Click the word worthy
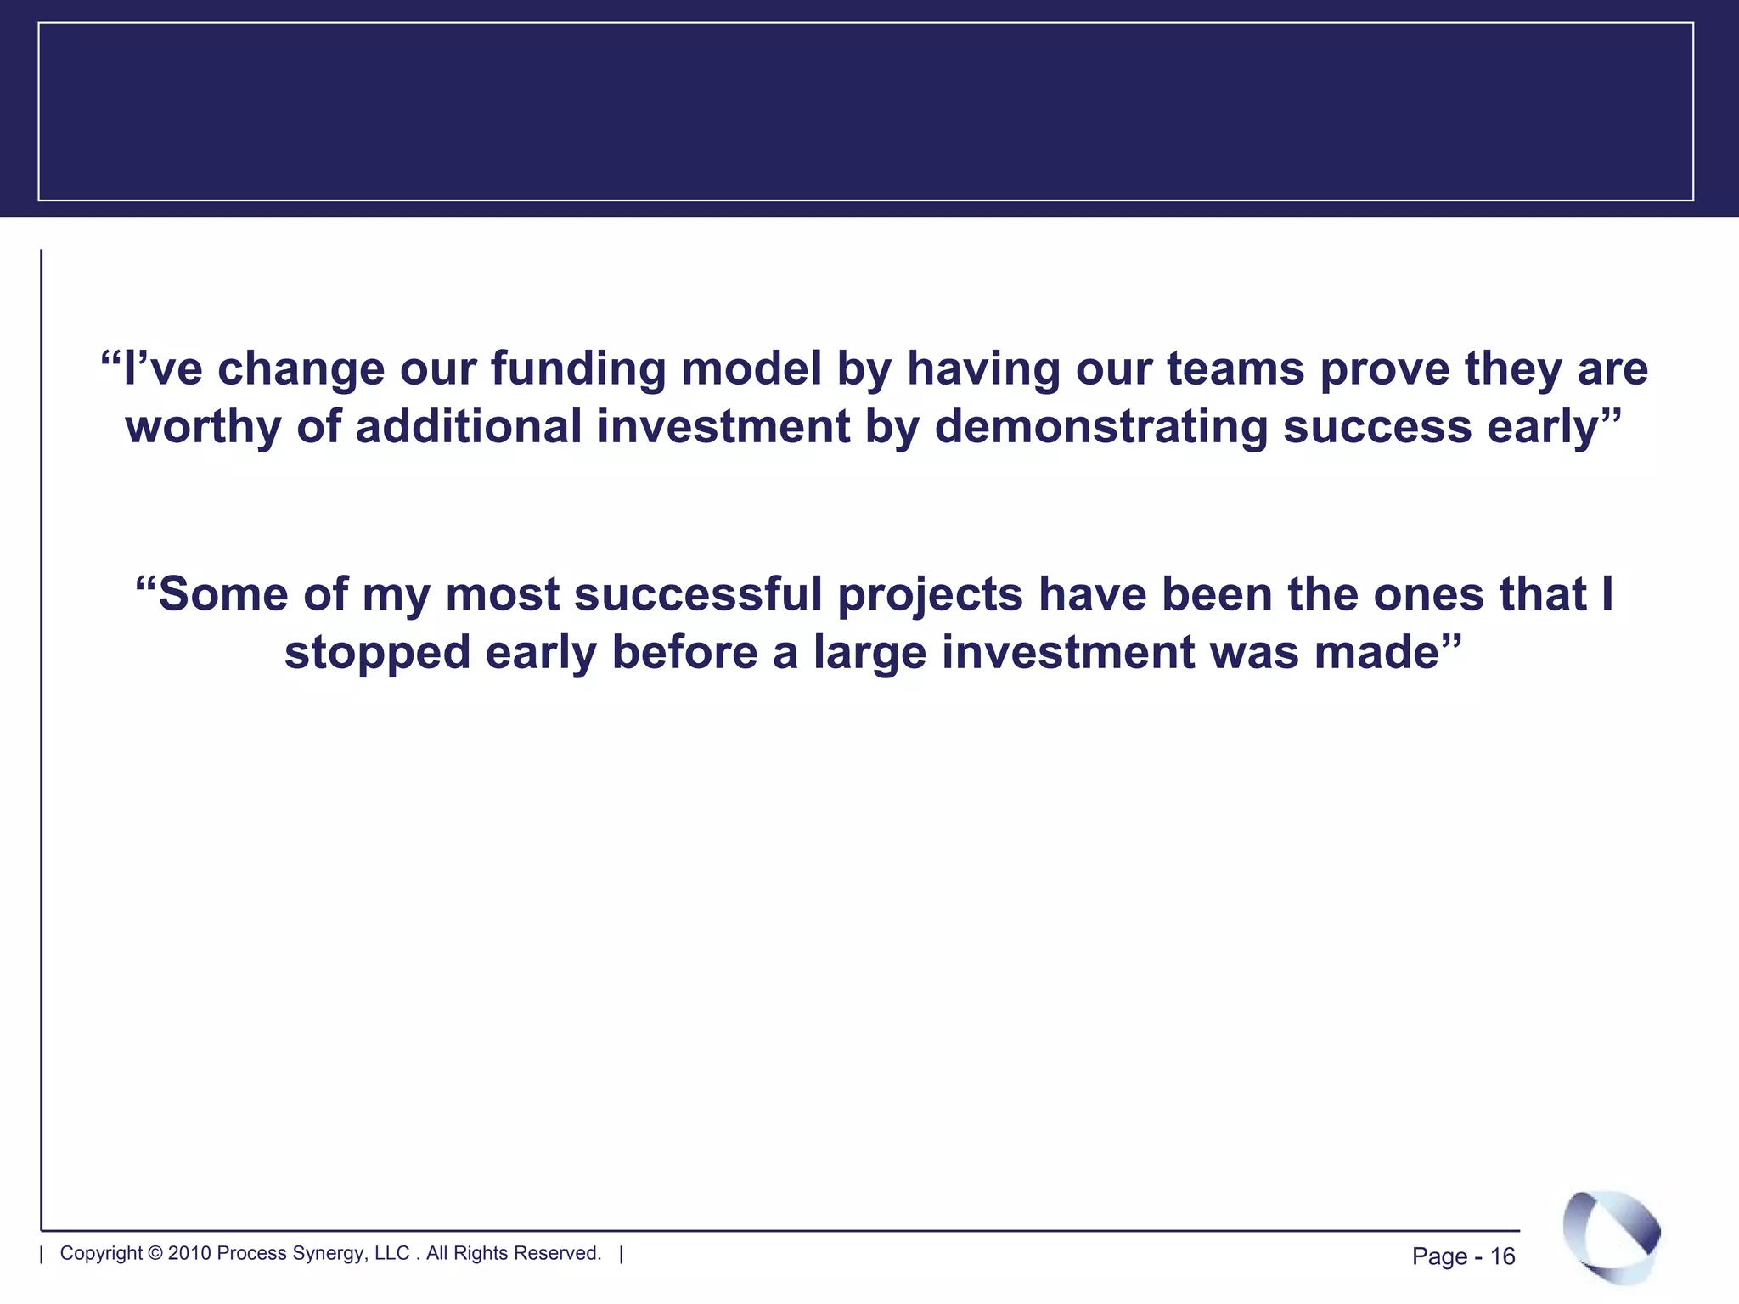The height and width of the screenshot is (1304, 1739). click(203, 426)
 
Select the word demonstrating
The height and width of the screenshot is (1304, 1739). click(1101, 426)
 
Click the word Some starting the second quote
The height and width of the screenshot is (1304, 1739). click(223, 593)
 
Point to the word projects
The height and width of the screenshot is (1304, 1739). click(931, 595)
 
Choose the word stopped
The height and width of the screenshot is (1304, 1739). click(377, 653)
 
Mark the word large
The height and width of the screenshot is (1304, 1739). click(869, 653)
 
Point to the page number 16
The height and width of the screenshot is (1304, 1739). click(1503, 1256)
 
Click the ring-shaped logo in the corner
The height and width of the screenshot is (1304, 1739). click(1611, 1235)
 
